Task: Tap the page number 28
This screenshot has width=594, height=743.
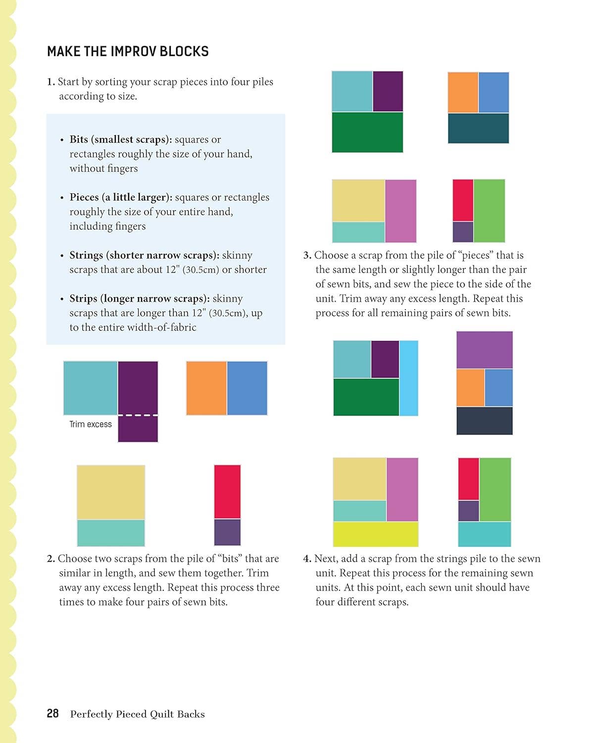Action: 52,713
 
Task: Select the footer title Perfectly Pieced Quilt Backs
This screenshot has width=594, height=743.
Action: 137,714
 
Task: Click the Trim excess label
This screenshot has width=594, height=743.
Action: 90,424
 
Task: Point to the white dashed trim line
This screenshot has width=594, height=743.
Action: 138,415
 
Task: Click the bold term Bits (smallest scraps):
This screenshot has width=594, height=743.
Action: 121,139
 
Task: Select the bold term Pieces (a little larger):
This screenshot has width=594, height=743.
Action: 121,197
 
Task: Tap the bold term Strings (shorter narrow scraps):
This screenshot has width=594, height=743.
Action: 144,255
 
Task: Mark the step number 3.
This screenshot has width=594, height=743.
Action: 307,255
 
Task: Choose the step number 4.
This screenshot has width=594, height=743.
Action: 307,559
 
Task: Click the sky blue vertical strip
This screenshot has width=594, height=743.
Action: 409,378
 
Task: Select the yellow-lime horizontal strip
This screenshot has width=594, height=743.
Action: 375,534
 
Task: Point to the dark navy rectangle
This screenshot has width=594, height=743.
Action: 484,421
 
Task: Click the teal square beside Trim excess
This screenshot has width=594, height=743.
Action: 91,388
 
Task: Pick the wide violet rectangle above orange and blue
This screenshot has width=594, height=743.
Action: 484,350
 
